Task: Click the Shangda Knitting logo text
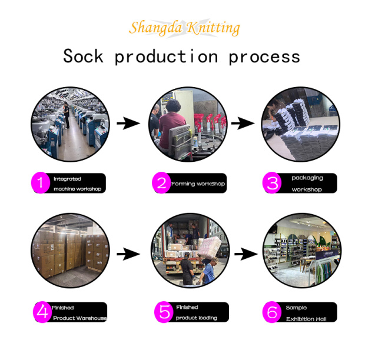tap(185, 28)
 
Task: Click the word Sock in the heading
tap(84, 56)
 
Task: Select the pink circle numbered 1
tap(41, 184)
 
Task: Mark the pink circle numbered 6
tap(272, 312)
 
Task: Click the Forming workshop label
tap(198, 184)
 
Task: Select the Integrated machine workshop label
tap(77, 184)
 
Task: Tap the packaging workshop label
tap(307, 184)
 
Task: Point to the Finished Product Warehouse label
tap(79, 312)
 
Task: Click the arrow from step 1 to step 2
tap(128, 124)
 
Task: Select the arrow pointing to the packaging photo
tap(243, 124)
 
